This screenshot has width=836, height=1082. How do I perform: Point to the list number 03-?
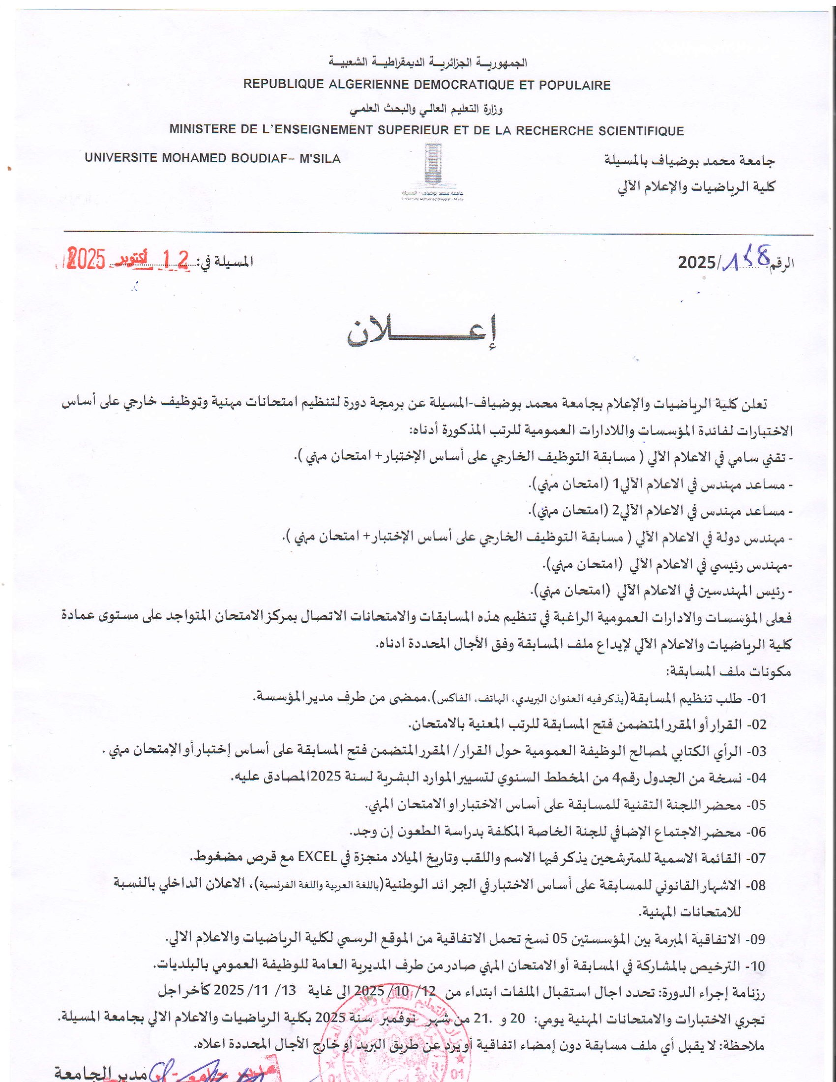[x=756, y=751]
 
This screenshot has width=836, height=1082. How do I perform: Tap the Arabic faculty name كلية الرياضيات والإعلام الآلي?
[x=696, y=187]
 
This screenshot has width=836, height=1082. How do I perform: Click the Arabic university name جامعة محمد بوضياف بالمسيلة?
[x=690, y=160]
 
